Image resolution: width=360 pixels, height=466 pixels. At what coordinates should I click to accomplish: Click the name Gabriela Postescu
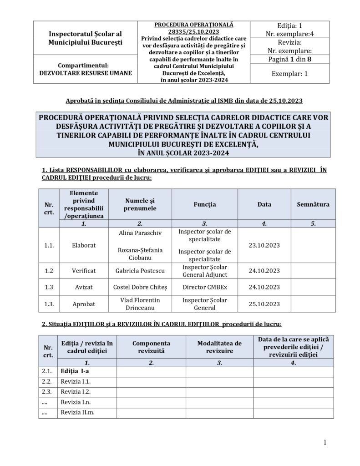[140, 271]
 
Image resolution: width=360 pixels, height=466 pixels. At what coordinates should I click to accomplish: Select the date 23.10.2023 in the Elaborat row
[264, 245]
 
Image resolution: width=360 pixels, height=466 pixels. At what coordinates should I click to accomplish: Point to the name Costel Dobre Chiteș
[140, 288]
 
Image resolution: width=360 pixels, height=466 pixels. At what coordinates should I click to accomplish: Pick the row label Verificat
[84, 271]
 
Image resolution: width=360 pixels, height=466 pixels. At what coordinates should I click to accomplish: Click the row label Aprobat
[84, 304]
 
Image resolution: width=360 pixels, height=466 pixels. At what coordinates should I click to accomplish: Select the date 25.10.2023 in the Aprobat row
[264, 304]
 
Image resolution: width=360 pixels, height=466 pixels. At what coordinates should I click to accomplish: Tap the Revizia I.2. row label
[76, 391]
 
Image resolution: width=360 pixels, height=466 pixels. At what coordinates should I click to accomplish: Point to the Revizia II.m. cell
[78, 413]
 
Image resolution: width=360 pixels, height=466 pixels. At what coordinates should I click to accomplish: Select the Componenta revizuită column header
[151, 347]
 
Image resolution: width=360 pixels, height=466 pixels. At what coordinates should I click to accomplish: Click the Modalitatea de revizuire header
[219, 347]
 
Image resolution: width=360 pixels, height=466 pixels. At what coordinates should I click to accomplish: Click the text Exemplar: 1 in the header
[289, 73]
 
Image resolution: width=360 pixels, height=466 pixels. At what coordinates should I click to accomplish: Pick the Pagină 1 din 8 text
[289, 59]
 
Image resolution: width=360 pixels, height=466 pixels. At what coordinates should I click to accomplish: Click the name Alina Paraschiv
[140, 233]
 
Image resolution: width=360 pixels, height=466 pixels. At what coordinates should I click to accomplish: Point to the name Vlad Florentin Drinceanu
[140, 304]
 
